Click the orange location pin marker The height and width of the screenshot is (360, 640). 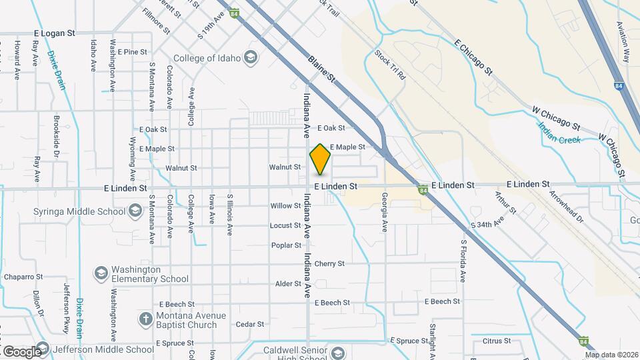[321, 159]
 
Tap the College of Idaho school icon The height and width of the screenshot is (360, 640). [251, 58]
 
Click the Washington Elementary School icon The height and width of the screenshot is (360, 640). [101, 273]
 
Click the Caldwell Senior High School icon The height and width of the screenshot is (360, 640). [338, 353]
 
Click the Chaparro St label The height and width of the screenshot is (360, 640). [23, 277]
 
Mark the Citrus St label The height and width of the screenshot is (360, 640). [496, 341]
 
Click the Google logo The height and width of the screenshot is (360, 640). [21, 351]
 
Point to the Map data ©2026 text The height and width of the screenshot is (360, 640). [611, 355]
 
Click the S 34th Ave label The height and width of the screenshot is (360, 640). [486, 225]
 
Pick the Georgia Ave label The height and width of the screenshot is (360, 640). [385, 212]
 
